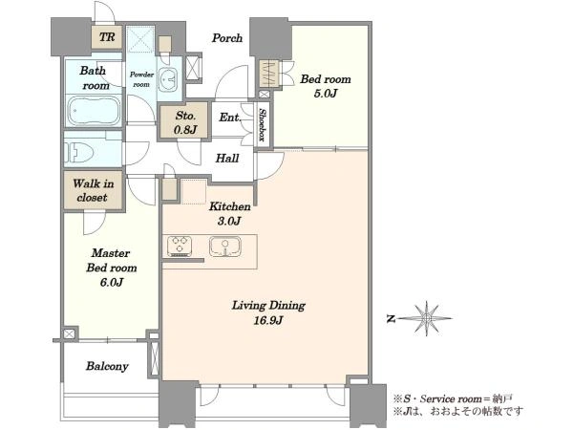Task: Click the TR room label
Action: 107,37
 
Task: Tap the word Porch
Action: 227,37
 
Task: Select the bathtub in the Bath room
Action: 94,111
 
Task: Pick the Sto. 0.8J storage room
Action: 185,120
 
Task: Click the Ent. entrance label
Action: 230,118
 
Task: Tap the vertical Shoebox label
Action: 262,124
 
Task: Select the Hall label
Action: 227,158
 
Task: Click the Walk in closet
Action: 94,190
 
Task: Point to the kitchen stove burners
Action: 180,246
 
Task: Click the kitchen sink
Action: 225,247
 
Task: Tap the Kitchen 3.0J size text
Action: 229,221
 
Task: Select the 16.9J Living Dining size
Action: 267,320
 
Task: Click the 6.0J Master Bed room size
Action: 112,282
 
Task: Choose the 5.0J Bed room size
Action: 326,94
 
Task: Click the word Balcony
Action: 107,366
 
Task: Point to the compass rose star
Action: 426,318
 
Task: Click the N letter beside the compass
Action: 391,319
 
